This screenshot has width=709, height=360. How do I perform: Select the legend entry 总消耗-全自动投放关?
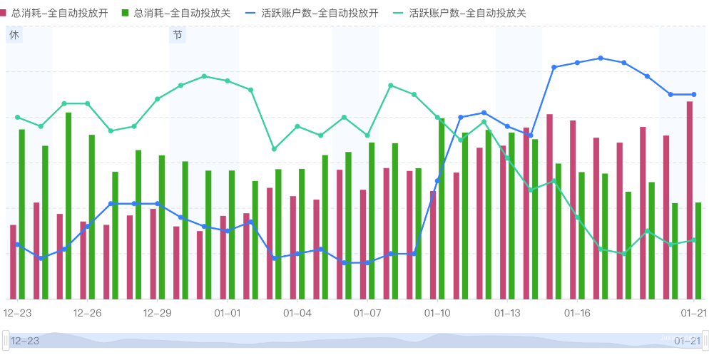click(x=180, y=13)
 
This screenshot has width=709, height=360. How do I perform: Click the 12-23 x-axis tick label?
click(x=17, y=313)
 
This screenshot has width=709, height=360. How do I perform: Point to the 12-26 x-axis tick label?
click(x=87, y=313)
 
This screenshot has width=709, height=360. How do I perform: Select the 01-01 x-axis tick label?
click(x=228, y=313)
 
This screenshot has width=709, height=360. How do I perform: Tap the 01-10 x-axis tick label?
click(x=437, y=313)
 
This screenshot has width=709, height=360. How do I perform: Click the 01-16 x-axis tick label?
click(x=577, y=313)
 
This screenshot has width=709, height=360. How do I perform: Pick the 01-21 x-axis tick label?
click(x=693, y=313)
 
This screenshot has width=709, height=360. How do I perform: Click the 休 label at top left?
click(x=14, y=35)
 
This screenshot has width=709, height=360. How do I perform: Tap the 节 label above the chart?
click(x=177, y=35)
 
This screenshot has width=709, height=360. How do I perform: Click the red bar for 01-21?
click(x=690, y=200)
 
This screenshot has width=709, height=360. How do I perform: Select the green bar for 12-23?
click(x=22, y=214)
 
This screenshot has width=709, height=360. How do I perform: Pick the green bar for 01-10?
click(x=442, y=208)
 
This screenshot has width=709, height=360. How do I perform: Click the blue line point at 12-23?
click(x=17, y=245)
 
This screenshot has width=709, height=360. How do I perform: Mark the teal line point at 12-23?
click(x=17, y=117)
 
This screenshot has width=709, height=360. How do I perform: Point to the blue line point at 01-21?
click(x=694, y=94)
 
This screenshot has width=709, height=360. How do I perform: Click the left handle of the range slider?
click(x=6, y=340)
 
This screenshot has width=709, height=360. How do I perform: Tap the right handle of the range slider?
click(x=705, y=340)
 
